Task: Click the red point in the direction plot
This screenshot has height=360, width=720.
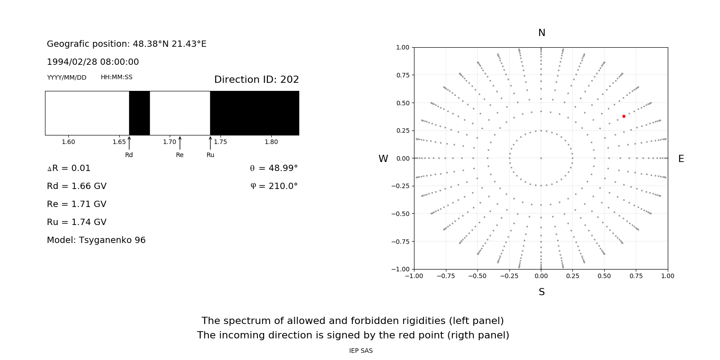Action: pyautogui.click(x=624, y=116)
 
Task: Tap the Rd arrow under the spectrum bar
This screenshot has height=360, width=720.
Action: pyautogui.click(x=129, y=143)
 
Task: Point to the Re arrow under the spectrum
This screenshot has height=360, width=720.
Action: pyautogui.click(x=180, y=143)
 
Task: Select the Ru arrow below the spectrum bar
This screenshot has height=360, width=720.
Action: pyautogui.click(x=210, y=143)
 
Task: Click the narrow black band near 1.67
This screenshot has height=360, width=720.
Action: pyautogui.click(x=139, y=113)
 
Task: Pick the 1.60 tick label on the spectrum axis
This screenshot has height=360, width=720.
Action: pyautogui.click(x=68, y=142)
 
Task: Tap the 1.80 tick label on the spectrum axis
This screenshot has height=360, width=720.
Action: pyautogui.click(x=271, y=142)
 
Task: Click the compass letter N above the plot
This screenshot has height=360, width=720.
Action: pyautogui.click(x=542, y=33)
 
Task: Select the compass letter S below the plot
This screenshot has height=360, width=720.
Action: pyautogui.click(x=542, y=292)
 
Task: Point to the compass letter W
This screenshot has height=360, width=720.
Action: pyautogui.click(x=383, y=159)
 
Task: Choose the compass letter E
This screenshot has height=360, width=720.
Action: pyautogui.click(x=681, y=159)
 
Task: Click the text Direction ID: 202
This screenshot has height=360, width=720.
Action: pyautogui.click(x=256, y=80)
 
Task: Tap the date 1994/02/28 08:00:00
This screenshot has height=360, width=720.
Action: pyautogui.click(x=93, y=62)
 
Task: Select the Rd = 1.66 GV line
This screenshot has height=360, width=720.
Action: pyautogui.click(x=76, y=186)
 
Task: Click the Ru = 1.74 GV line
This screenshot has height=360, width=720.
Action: pyautogui.click(x=76, y=222)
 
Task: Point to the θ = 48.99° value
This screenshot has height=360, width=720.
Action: pyautogui.click(x=274, y=168)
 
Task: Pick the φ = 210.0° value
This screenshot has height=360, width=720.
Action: pyautogui.click(x=274, y=186)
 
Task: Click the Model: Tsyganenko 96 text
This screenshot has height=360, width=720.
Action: pyautogui.click(x=96, y=240)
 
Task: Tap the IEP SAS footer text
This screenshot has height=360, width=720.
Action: pyautogui.click(x=361, y=351)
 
